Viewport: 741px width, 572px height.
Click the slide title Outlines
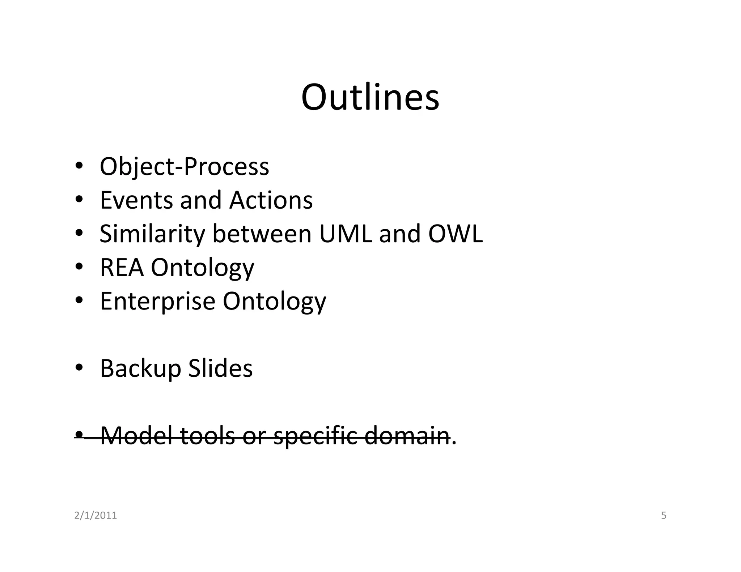click(x=370, y=97)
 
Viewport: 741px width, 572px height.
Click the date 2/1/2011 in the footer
click(x=96, y=515)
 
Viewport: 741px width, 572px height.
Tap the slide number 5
click(x=664, y=515)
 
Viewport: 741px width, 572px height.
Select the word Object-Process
click(x=184, y=167)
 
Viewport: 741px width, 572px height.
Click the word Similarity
click(x=152, y=234)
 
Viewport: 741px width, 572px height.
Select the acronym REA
click(x=122, y=267)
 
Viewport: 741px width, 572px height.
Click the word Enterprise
click(x=157, y=301)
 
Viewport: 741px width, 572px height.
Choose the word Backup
click(x=140, y=368)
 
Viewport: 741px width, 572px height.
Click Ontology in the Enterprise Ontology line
click(x=274, y=301)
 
